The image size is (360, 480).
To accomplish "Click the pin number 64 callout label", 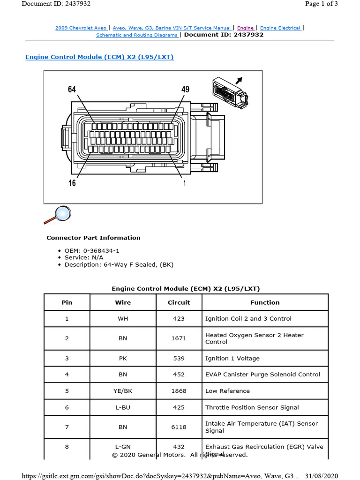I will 72,90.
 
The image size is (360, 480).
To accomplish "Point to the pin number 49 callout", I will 185,90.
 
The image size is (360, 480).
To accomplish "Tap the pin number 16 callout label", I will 72,183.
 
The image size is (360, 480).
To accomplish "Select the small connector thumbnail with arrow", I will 231,91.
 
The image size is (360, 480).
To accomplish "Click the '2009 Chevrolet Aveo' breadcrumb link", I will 81,28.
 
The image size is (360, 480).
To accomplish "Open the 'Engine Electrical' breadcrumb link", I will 280,28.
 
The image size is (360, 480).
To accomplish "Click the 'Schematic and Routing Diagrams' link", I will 137,35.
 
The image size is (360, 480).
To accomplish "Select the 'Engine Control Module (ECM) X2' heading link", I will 99,57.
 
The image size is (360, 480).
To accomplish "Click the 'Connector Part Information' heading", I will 93,238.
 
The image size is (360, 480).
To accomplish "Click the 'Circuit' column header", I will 179,302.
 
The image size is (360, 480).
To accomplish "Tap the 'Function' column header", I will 265,302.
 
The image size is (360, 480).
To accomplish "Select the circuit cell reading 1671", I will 179,338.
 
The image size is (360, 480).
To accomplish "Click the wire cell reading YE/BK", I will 123,391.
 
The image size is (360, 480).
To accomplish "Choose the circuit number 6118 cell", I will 179,427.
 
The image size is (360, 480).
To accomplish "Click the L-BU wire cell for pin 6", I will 123,407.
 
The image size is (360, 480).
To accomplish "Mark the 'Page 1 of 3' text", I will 321,4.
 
